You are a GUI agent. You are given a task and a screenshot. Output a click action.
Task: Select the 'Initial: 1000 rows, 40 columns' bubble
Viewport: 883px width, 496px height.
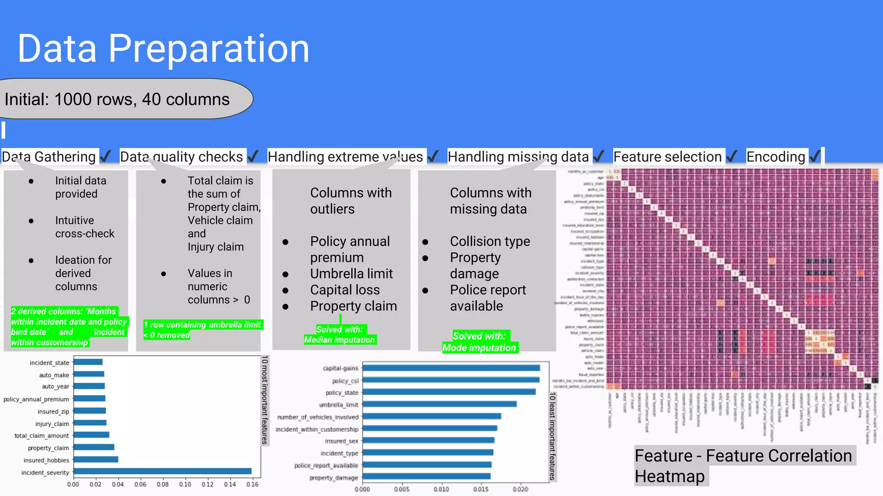[117, 99]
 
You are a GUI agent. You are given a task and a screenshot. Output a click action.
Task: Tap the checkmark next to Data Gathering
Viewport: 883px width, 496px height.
[105, 156]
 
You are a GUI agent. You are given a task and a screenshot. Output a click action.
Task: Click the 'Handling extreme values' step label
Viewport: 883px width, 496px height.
[345, 157]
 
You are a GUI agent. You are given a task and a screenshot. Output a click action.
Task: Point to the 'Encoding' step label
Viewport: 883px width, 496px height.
[775, 157]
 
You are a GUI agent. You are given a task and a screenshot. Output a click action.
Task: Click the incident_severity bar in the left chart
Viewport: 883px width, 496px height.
[162, 471]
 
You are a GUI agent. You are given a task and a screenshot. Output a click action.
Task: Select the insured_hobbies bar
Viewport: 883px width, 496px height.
[96, 459]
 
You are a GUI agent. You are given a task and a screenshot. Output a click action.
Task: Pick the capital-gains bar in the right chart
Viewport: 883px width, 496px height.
[451, 368]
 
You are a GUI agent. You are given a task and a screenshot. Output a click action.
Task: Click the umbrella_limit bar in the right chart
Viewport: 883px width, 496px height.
[440, 404]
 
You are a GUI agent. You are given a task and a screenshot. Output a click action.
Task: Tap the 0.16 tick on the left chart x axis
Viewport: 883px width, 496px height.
[252, 484]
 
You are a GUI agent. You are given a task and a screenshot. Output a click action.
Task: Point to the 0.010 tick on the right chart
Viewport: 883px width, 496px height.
[441, 490]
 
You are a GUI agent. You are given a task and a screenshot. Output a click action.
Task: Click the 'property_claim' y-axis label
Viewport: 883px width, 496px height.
[48, 448]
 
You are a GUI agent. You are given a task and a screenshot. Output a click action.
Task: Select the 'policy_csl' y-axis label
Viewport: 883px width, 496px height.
[345, 381]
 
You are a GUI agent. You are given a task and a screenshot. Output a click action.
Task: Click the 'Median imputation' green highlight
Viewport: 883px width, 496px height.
[339, 340]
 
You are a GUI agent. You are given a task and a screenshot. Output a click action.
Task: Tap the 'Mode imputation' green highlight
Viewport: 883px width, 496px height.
[479, 347]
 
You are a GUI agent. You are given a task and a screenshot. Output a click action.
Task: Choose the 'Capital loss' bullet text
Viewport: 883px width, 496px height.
[345, 290]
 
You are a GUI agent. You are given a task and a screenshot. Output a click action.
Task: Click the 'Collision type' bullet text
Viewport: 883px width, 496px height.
[490, 241]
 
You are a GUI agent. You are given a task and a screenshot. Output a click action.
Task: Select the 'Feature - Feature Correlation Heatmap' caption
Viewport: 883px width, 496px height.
[743, 465]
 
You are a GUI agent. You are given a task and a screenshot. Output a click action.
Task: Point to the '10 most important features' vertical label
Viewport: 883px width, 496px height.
[265, 400]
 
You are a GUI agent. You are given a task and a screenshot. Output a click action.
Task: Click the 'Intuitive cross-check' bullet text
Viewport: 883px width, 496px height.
[85, 227]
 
